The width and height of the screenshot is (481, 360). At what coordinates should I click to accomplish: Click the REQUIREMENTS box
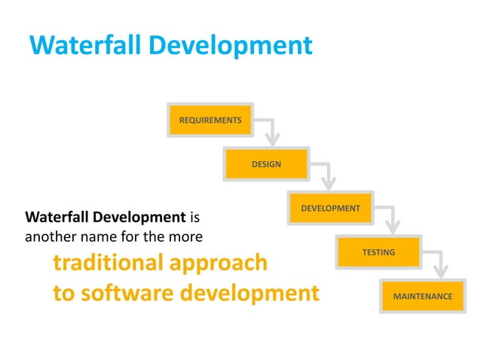(210, 121)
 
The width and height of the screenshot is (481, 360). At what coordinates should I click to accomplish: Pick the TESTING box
(378, 252)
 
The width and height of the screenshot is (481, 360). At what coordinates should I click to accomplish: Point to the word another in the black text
(50, 236)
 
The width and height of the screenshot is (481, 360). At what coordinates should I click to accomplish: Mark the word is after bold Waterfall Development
(194, 218)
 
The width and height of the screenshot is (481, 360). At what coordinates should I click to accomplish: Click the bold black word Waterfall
(58, 218)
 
